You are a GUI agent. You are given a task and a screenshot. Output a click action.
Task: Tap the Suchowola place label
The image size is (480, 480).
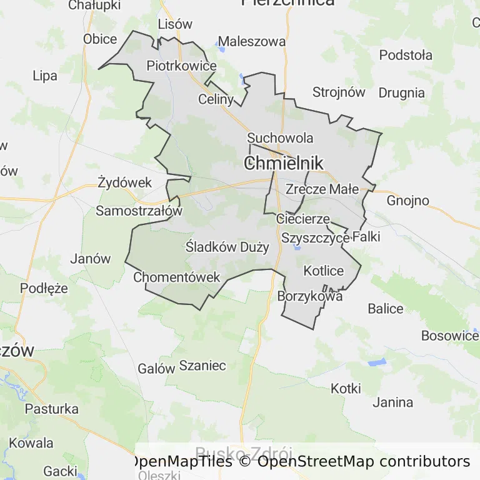280,137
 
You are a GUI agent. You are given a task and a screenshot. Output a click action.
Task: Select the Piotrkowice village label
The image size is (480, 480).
181,66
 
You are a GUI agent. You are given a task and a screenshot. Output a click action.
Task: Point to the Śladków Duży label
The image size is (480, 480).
227,247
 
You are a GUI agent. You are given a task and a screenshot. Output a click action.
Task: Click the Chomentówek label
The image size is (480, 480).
177,277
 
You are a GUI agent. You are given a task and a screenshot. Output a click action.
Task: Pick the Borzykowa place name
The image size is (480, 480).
310,297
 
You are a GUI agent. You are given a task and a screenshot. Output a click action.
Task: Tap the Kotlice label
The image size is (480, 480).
324,271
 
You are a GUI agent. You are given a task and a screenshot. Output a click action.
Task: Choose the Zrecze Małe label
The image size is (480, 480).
322,189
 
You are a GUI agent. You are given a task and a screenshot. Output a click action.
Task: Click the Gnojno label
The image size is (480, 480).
408,201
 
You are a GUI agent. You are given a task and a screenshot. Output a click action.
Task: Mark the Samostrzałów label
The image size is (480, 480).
139,211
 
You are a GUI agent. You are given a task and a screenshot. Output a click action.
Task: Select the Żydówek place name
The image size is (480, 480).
125,182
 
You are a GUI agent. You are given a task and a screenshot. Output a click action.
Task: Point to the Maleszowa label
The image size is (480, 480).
252,42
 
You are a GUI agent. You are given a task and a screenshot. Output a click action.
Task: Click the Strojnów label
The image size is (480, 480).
339,92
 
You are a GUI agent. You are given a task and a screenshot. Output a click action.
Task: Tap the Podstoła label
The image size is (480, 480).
406,55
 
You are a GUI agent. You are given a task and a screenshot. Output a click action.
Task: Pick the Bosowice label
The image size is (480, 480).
449,336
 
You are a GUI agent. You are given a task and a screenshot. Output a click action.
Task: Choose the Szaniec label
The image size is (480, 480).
202,366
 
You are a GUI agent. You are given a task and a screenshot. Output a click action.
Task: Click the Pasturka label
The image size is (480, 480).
52,409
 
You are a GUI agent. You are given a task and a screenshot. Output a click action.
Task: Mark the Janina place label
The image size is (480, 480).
392,402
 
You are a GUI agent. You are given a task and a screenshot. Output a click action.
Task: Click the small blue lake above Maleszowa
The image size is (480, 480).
220,43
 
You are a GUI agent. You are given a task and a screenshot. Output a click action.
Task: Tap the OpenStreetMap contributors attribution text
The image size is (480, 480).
363,462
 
